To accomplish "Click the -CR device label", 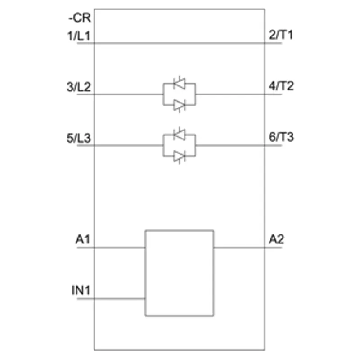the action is click(80, 18).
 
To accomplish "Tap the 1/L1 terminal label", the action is click(78, 36).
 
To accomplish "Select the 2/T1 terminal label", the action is click(281, 35).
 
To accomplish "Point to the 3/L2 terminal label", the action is click(79, 87).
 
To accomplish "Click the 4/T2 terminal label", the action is click(281, 86).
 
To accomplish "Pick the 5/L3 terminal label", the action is click(79, 138).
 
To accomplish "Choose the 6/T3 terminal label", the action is click(281, 137).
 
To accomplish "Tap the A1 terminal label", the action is click(83, 239).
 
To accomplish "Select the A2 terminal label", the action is click(276, 239).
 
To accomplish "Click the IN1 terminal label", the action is click(81, 290).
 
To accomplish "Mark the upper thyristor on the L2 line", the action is click(179, 83).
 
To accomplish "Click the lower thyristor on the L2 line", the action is click(179, 106).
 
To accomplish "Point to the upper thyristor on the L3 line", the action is click(179, 134).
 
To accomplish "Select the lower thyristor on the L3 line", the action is click(179, 157).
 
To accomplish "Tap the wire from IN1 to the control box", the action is click(111, 299).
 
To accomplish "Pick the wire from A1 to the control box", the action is click(111, 248).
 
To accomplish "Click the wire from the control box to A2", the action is click(248, 248).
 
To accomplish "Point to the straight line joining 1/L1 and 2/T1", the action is click(180, 43).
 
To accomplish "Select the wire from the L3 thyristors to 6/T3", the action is click(239, 145).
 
